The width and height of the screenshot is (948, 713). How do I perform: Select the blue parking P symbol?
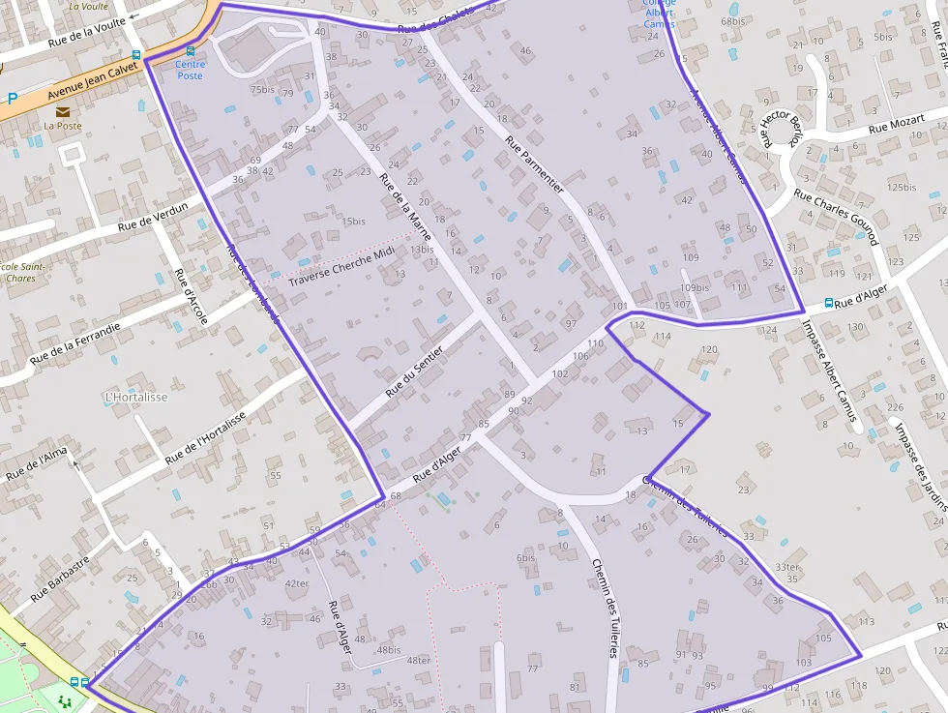tap(13, 98)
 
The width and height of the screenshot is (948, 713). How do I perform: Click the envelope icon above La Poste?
tap(63, 111)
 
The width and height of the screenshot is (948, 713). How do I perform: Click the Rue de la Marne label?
tap(405, 208)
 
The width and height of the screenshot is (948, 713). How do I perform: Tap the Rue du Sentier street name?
tap(414, 371)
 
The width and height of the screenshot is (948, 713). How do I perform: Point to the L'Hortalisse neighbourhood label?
tap(136, 398)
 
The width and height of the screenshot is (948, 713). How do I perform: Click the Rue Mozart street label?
tap(896, 123)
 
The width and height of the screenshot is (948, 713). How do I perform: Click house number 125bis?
tap(901, 187)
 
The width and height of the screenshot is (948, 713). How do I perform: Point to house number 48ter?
tap(419, 661)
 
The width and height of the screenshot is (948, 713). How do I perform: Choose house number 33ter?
tap(787, 568)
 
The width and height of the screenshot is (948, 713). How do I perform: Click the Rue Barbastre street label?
tap(59, 579)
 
